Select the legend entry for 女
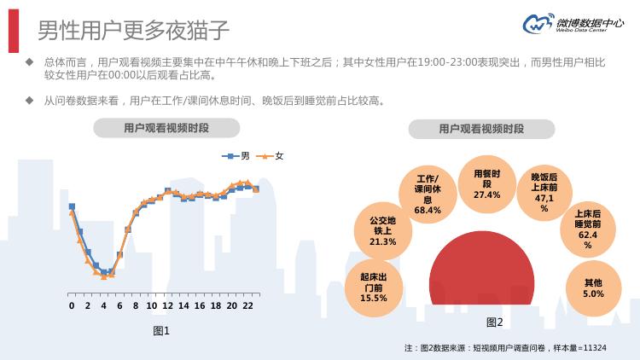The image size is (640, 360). [272, 156]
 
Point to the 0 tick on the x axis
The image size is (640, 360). [72, 305]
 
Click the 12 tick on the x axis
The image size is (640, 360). [167, 305]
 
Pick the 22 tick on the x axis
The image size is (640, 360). [247, 305]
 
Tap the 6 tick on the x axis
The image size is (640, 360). [119, 305]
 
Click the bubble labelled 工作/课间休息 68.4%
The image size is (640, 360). [428, 193]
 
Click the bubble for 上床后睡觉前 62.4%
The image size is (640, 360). [587, 229]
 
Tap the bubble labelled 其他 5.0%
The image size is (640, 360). [593, 287]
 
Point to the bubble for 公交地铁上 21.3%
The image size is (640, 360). [383, 229]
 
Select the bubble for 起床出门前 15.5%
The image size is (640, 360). [374, 287]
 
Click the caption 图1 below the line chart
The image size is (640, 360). [161, 330]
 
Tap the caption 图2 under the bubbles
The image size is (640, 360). [495, 322]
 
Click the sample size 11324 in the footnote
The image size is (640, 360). [591, 348]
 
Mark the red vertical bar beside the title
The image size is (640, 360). [14, 31]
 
